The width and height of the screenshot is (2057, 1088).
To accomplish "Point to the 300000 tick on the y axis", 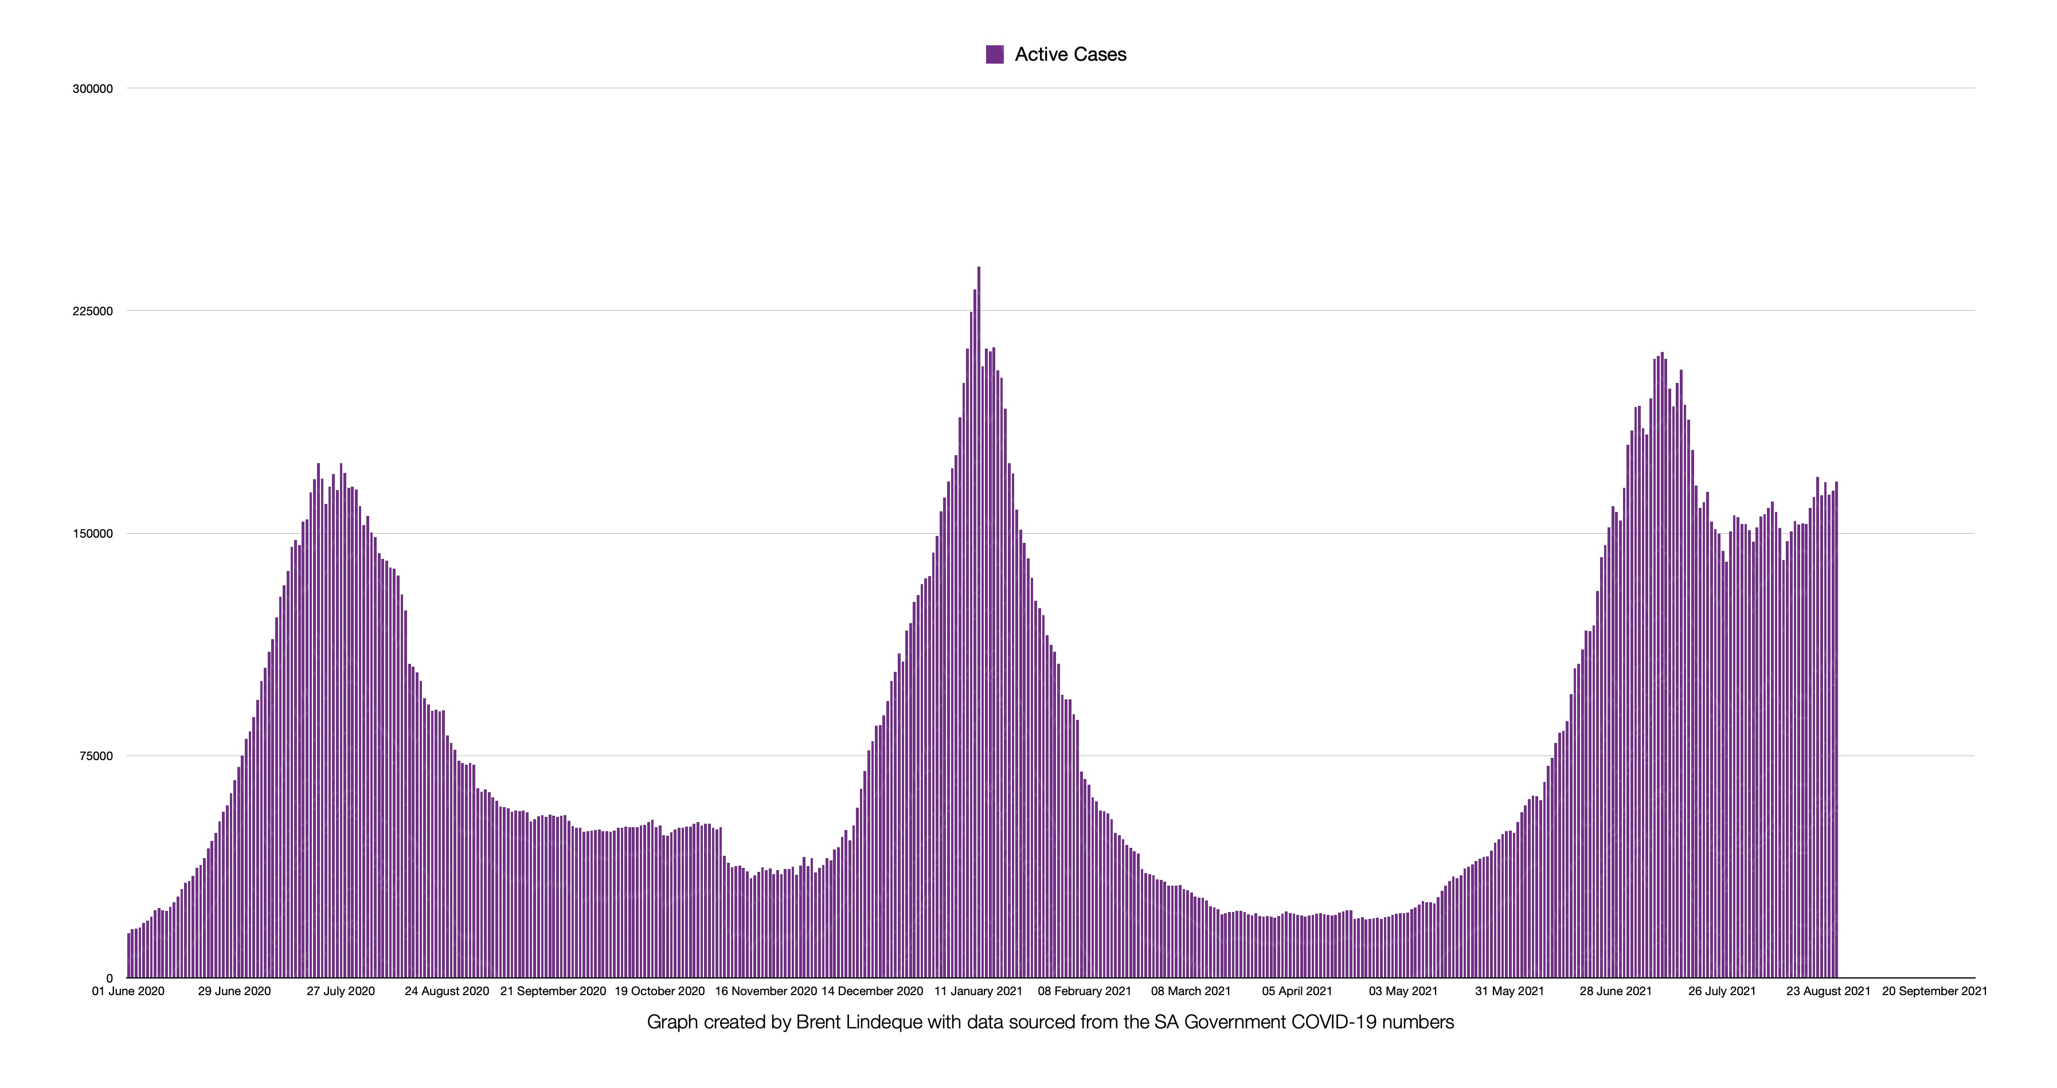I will pyautogui.click(x=93, y=89).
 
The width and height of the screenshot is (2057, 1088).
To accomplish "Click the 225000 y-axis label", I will pyautogui.click(x=93, y=311).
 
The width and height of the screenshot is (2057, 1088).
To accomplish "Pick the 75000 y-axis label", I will pyautogui.click(x=96, y=756).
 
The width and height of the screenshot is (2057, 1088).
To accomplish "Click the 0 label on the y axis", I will pyautogui.click(x=110, y=978).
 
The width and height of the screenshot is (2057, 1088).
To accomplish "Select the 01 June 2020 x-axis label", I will pyautogui.click(x=128, y=992).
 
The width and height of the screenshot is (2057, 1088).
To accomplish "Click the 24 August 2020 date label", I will pyautogui.click(x=447, y=992).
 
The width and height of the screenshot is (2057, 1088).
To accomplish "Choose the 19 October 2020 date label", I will pyautogui.click(x=659, y=992).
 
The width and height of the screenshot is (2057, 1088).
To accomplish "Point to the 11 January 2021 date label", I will pyautogui.click(x=978, y=992).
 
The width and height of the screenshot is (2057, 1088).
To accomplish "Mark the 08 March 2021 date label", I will pyautogui.click(x=1191, y=992).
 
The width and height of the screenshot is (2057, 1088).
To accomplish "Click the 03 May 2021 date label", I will pyautogui.click(x=1403, y=992).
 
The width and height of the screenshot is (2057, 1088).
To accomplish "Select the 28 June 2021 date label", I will pyautogui.click(x=1616, y=992).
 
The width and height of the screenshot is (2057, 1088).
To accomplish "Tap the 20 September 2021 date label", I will pyautogui.click(x=1934, y=992).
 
